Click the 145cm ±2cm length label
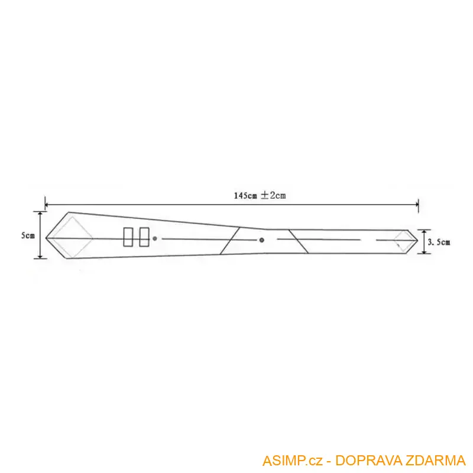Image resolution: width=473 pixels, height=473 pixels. pyautogui.click(x=260, y=195)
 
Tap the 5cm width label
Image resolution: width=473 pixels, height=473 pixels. pyautogui.click(x=27, y=235)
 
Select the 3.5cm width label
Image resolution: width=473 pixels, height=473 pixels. pyautogui.click(x=438, y=241)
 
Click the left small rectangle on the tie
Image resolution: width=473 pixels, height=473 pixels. pyautogui.click(x=128, y=237)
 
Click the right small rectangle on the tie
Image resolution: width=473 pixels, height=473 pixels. pyautogui.click(x=144, y=237)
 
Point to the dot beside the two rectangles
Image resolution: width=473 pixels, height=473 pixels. pyautogui.click(x=155, y=239)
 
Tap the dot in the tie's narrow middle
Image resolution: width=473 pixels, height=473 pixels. pyautogui.click(x=261, y=240)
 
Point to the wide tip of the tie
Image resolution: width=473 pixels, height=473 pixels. pyautogui.click(x=47, y=237)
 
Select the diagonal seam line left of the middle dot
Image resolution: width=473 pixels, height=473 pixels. pyautogui.click(x=229, y=241)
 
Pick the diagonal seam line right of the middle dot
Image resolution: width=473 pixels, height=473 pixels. pyautogui.click(x=292, y=241)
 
